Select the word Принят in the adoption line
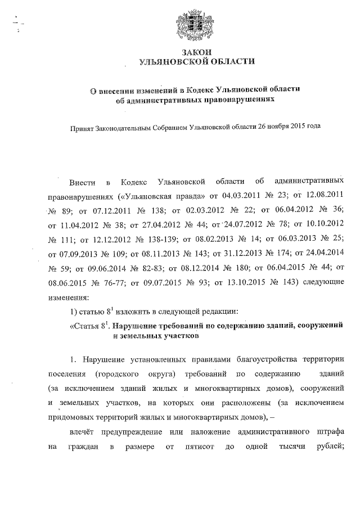(82, 127)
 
